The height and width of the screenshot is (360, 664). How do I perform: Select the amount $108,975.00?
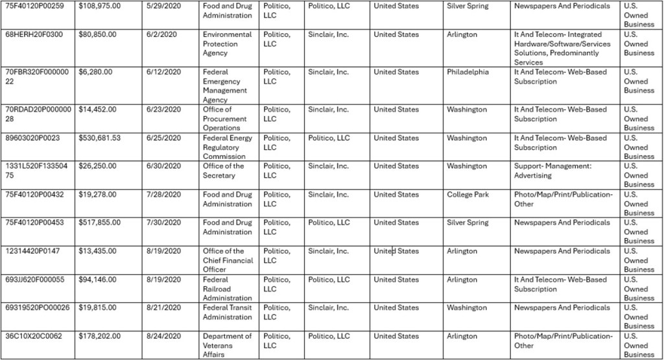(x=100, y=6)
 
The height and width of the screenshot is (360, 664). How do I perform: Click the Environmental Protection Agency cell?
(x=227, y=43)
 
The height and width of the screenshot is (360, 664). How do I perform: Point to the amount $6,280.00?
(x=95, y=72)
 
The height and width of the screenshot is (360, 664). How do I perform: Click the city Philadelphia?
(x=468, y=72)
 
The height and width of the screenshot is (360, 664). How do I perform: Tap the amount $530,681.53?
(x=100, y=138)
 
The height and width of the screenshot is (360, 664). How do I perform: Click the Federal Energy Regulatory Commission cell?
(x=227, y=147)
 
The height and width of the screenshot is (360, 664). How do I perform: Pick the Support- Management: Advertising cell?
(x=552, y=171)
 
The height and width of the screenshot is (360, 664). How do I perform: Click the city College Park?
(x=468, y=195)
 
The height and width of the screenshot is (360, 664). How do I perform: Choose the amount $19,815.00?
(x=97, y=308)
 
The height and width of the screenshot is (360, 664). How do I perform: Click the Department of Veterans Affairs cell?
(x=227, y=345)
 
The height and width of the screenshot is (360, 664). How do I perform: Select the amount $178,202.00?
(x=100, y=337)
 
